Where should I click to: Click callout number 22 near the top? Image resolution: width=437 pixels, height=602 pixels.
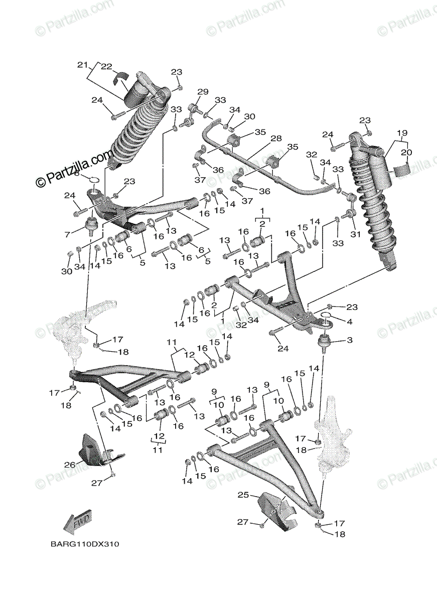click(106, 66)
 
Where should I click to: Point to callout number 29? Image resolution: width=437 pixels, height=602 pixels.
click(202, 92)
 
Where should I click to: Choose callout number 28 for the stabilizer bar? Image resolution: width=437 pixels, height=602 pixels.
click(276, 138)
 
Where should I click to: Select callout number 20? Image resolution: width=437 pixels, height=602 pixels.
click(406, 152)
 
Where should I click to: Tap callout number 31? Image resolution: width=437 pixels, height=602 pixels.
click(355, 234)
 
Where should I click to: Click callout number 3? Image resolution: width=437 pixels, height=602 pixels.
click(349, 340)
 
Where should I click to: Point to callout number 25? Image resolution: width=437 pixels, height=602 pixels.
click(243, 495)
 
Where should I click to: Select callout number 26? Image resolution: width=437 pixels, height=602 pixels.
click(69, 465)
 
